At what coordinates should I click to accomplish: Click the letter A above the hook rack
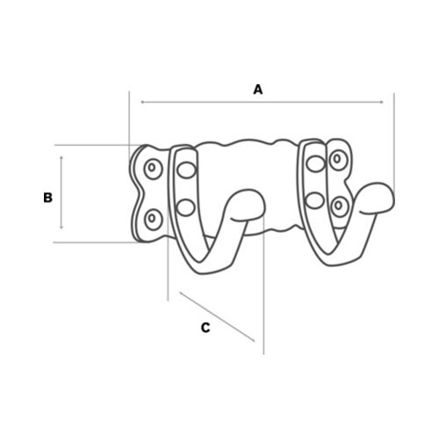tap(258, 90)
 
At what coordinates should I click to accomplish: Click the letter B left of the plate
tap(47, 198)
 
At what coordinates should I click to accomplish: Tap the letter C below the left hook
tap(205, 327)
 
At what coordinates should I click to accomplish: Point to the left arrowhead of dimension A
tap(142, 102)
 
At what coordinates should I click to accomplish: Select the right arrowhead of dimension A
tap(381, 102)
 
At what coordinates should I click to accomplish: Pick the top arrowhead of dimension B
tap(61, 158)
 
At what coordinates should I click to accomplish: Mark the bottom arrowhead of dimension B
tap(61, 227)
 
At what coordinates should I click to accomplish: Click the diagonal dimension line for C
tap(217, 316)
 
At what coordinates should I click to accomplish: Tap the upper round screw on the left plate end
tap(152, 169)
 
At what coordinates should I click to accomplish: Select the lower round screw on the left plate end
tap(153, 219)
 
